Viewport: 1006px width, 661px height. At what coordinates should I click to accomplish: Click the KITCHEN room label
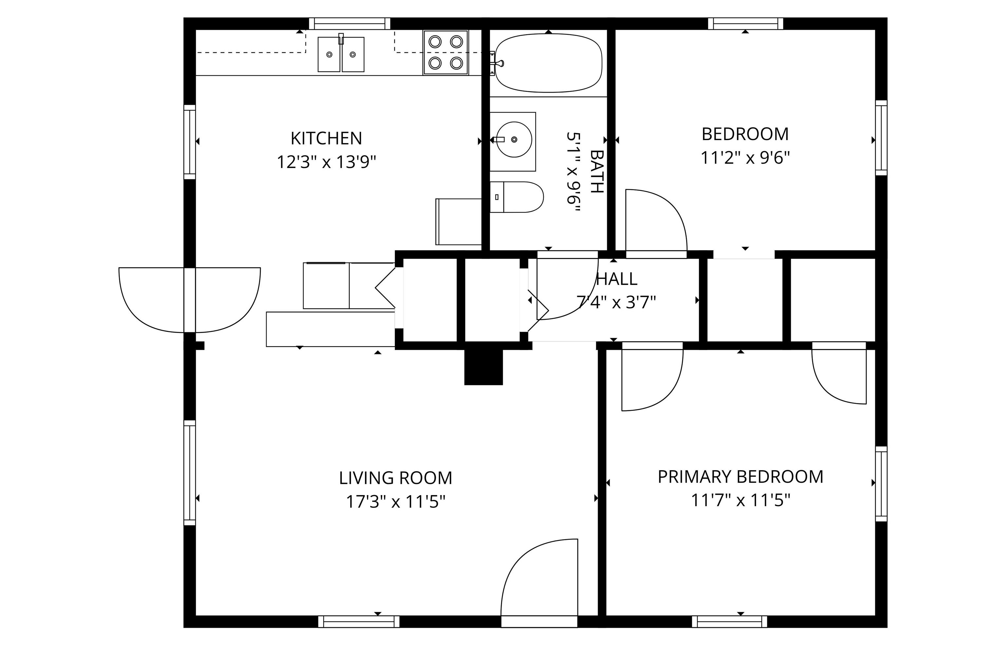coord(326,138)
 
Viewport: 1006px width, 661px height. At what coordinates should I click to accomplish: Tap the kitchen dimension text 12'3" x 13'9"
coord(326,162)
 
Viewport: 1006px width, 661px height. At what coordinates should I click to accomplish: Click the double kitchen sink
coord(341,54)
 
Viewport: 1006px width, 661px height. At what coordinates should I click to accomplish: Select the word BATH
coord(596,172)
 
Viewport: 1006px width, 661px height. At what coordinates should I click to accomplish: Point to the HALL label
coord(616,279)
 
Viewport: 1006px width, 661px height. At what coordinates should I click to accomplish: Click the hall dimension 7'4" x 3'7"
coord(616,302)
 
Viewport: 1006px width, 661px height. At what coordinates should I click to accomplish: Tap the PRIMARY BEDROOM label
coord(740,477)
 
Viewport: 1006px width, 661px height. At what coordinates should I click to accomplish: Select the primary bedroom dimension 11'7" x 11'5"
coord(740,500)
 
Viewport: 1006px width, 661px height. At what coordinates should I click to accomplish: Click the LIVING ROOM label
coord(396,478)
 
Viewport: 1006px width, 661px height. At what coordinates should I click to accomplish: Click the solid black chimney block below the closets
coord(484,367)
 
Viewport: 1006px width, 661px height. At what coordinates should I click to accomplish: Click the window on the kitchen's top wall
coord(349,23)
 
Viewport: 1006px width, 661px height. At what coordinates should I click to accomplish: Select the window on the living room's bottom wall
coord(359,621)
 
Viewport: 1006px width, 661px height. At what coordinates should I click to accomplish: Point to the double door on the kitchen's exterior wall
coord(189,300)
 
